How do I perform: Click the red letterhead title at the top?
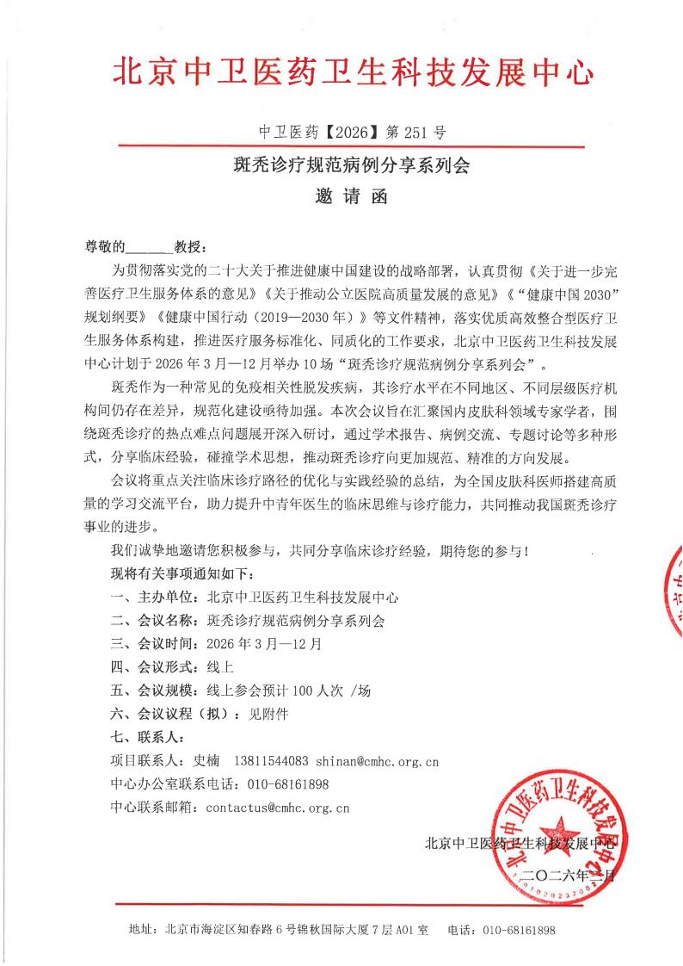pyautogui.click(x=353, y=72)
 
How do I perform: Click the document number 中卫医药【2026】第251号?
pyautogui.click(x=353, y=133)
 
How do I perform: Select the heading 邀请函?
pyautogui.click(x=353, y=197)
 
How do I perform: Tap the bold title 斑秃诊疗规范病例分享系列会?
pyautogui.click(x=353, y=165)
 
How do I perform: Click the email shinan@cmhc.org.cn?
pyautogui.click(x=378, y=761)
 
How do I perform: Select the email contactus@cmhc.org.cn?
pyautogui.click(x=278, y=808)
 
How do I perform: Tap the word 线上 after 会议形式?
pyautogui.click(x=220, y=666)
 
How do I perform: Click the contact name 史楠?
pyautogui.click(x=206, y=761)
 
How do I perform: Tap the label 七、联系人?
pyautogui.click(x=146, y=737)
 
